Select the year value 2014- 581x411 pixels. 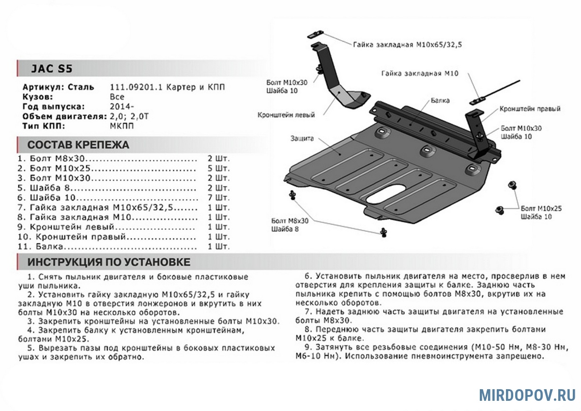[122, 107]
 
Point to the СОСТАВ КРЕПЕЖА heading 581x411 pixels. [78, 145]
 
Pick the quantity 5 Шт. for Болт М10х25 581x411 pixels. [218, 169]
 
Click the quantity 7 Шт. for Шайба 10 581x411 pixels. [218, 198]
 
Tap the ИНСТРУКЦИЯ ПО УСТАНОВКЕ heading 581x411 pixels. [108, 263]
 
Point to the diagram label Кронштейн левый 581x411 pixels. [286, 115]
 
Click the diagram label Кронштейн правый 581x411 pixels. [530, 109]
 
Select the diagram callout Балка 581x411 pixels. [440, 101]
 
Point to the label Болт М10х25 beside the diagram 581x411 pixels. [541, 208]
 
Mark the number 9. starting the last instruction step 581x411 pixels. [308, 348]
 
